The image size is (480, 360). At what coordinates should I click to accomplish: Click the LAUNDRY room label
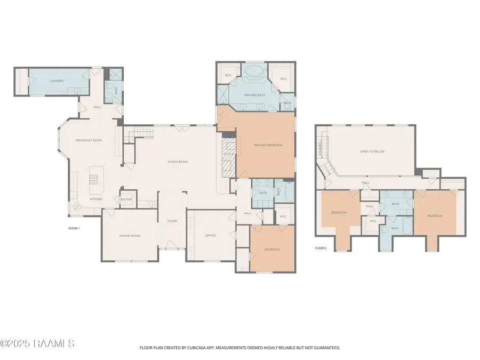[57, 81]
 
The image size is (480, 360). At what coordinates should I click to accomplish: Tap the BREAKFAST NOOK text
[89, 140]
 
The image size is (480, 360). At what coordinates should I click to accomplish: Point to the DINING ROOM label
[130, 235]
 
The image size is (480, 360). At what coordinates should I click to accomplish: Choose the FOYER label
[172, 221]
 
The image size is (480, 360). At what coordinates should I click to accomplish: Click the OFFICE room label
[211, 235]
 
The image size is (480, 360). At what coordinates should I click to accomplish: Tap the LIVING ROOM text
[178, 162]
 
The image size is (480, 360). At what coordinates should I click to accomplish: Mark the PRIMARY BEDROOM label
[268, 145]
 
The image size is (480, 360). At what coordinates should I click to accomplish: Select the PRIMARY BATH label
[254, 95]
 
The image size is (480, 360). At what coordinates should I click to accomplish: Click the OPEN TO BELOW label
[372, 151]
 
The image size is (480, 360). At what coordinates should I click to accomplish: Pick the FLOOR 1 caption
[74, 228]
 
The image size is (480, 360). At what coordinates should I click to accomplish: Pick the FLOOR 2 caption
[320, 248]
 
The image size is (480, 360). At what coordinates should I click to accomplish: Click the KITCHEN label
[96, 199]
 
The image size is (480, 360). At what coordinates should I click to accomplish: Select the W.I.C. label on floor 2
[373, 221]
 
